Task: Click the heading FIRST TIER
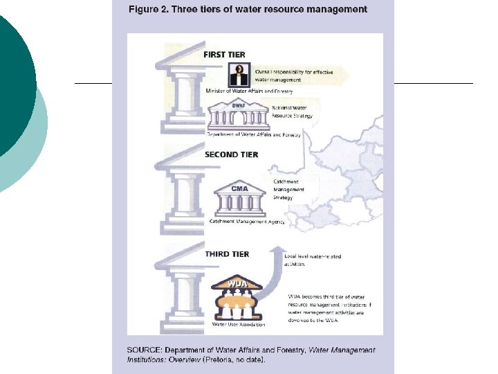pyautogui.click(x=224, y=55)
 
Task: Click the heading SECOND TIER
pyautogui.click(x=231, y=155)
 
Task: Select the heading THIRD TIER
pyautogui.click(x=227, y=254)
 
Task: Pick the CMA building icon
pyautogui.click(x=239, y=199)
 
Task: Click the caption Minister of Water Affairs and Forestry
pyautogui.click(x=250, y=91)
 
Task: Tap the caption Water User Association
pyautogui.click(x=239, y=323)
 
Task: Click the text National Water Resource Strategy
pyautogui.click(x=292, y=112)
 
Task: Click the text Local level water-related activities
pyautogui.click(x=313, y=260)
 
